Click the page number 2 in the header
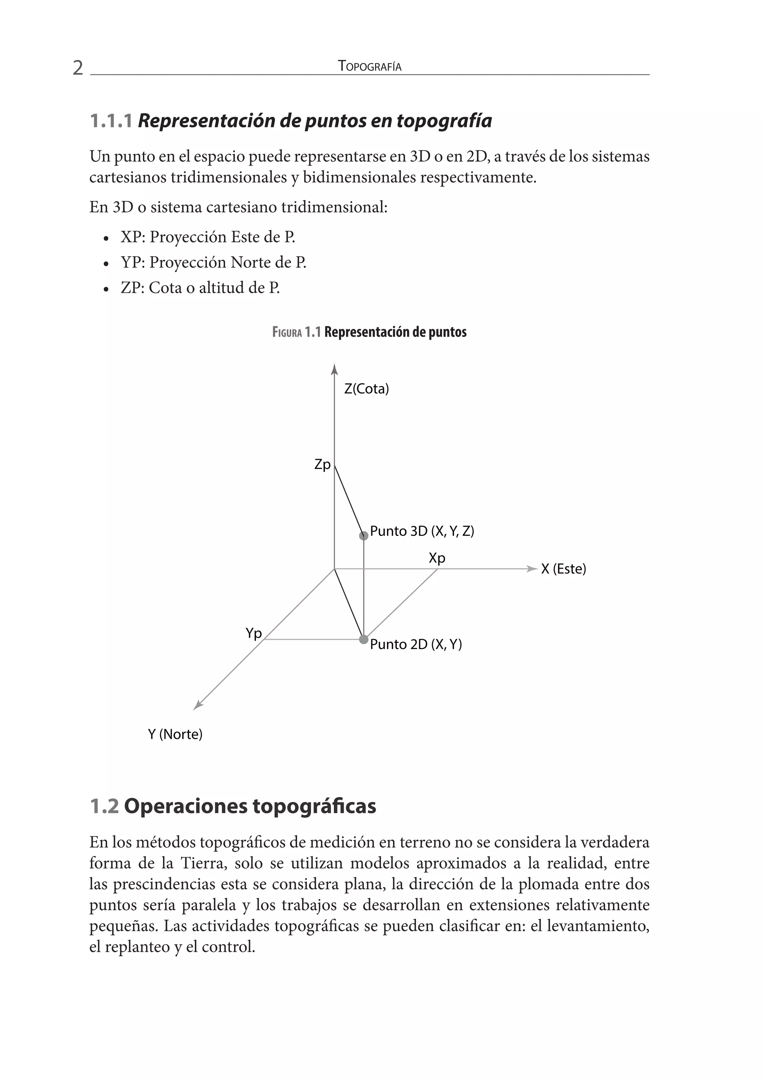78,68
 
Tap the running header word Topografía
369,66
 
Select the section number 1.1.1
111,121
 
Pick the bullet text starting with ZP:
200,288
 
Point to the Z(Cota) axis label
366,389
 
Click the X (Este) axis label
563,569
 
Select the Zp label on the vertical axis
323,465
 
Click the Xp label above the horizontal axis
437,558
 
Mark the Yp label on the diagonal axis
253,633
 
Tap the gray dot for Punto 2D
364,639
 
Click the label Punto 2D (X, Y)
416,644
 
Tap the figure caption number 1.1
313,332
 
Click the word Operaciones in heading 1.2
185,806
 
